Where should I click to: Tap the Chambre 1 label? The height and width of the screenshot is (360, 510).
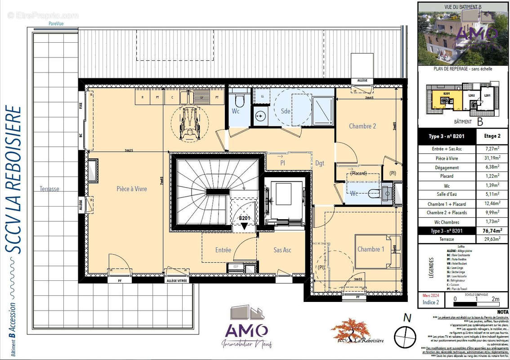pos(371,249)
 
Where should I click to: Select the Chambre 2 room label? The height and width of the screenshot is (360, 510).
pos(362,126)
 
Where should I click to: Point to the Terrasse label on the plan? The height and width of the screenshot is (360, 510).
pos(49,189)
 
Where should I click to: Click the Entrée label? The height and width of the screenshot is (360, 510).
pos(223,250)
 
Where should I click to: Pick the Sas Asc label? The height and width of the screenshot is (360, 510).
pos(282,250)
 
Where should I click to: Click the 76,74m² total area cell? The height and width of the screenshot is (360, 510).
pos(492,231)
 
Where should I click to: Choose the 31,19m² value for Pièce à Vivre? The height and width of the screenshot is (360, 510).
pos(492,158)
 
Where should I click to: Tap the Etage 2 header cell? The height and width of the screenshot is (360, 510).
pos(492,136)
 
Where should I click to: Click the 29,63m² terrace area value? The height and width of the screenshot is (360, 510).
pos(492,239)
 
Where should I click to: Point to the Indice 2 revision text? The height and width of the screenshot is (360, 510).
pos(431,302)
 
